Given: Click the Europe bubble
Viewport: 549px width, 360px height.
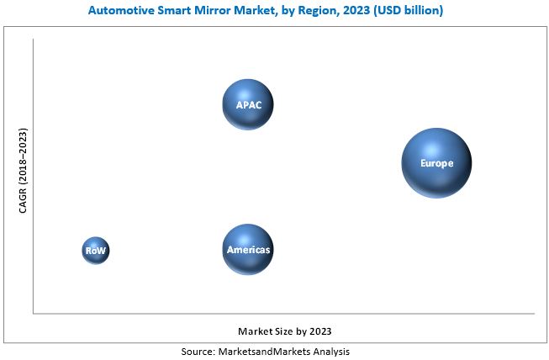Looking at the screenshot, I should coord(436,163).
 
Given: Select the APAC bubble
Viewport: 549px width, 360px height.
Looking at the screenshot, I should coord(248,104).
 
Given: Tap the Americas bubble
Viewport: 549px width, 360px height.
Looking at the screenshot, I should coord(248,250).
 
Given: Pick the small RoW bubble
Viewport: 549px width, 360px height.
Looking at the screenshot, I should coord(96,250).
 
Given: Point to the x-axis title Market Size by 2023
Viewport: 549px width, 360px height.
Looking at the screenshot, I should coord(290,331).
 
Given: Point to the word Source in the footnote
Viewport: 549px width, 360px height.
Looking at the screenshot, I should coord(199,351).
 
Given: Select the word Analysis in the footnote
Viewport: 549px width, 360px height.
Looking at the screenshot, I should coord(330,351).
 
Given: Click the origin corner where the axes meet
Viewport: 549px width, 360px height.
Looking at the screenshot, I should coord(34,314).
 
